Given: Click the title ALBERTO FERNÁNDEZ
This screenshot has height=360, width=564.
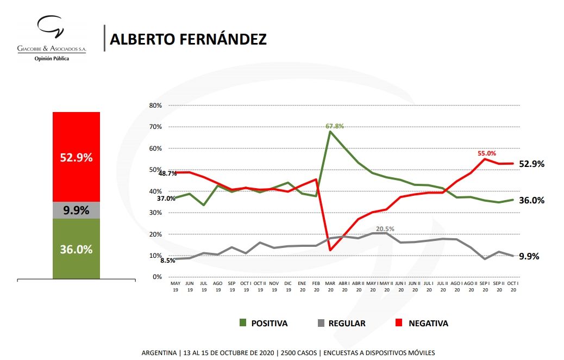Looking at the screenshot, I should (187, 39).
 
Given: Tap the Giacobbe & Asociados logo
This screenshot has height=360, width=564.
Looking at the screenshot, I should (52, 38).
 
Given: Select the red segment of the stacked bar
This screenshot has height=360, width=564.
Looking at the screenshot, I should (76, 157).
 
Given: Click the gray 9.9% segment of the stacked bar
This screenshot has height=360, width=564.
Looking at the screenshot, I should (76, 210).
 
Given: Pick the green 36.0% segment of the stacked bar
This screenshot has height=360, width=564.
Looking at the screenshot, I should (76, 249).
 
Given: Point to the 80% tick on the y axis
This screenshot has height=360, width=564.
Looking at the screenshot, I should (155, 105).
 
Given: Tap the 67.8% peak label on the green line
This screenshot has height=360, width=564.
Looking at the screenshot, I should (335, 126).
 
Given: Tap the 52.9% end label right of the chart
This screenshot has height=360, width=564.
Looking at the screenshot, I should (531, 164).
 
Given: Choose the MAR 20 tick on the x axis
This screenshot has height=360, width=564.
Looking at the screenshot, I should (330, 287).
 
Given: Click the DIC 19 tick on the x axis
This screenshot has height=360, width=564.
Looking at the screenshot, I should (287, 287).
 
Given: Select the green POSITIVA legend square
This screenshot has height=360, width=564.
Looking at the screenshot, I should (243, 323).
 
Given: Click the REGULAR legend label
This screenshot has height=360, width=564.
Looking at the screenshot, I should (347, 323).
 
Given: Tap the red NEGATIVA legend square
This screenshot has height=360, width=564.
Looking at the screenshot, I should (399, 323).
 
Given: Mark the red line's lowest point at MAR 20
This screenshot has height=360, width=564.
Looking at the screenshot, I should (330, 250).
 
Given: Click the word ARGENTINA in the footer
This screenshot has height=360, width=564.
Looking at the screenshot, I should (159, 352).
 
